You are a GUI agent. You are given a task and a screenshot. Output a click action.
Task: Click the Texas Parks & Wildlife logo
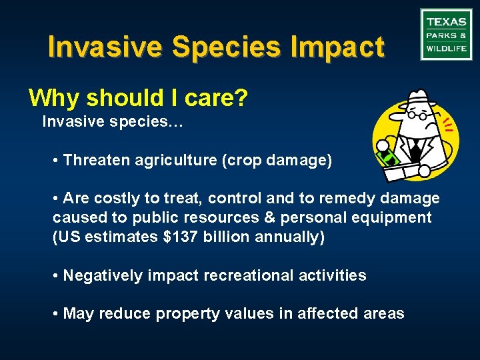point(446,35)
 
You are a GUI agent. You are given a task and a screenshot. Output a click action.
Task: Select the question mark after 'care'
point(242,99)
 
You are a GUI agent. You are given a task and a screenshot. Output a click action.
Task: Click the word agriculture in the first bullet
point(175,161)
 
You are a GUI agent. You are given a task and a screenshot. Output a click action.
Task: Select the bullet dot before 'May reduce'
point(56,313)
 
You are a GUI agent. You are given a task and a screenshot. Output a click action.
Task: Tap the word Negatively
point(102,275)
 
